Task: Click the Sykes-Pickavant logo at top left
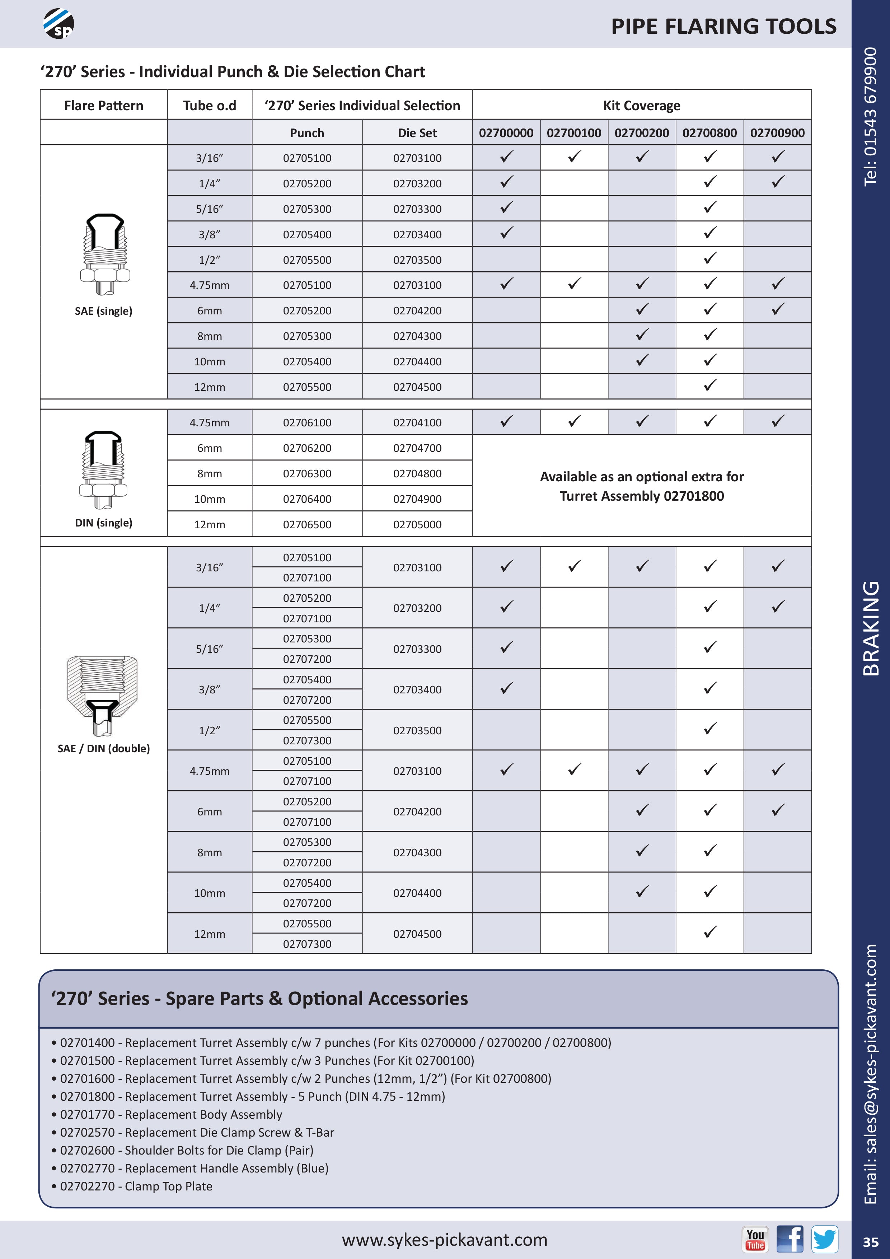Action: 58,24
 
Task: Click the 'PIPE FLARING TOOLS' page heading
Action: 723,26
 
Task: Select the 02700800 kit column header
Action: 709,133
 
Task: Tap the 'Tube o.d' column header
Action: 210,105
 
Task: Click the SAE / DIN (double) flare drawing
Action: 103,695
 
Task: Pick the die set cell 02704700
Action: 417,448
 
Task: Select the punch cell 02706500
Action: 307,524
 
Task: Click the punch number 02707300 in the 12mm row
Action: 307,944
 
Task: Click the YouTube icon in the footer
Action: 755,1240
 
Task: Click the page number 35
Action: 870,1242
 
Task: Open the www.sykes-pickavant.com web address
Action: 444,1240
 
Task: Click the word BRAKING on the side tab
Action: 871,628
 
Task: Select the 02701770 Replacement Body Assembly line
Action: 171,1114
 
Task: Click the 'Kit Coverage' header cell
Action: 642,105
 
